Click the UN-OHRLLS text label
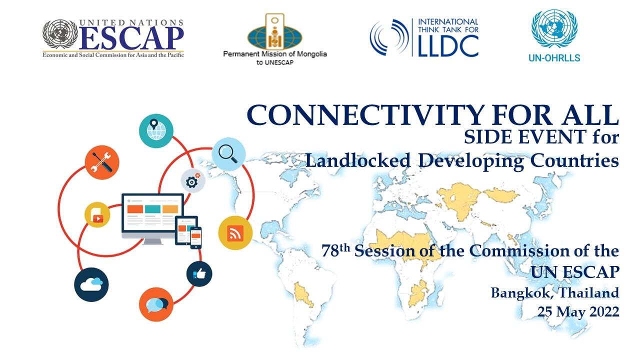pyautogui.click(x=554, y=57)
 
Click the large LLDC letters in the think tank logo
pyautogui.click(x=448, y=45)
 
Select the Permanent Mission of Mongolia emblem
pyautogui.click(x=275, y=31)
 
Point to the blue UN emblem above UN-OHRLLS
pyautogui.click(x=554, y=28)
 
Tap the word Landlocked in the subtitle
pyautogui.click(x=358, y=160)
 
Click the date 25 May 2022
pyautogui.click(x=578, y=311)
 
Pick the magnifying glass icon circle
pyautogui.click(x=228, y=154)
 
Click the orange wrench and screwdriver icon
pyautogui.click(x=102, y=162)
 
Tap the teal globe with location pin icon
pyautogui.click(x=156, y=131)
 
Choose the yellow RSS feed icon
pyautogui.click(x=235, y=233)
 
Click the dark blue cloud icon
pyautogui.click(x=91, y=284)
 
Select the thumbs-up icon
pyautogui.click(x=199, y=274)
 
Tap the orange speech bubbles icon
pyautogui.click(x=156, y=304)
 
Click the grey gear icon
pyautogui.click(x=193, y=180)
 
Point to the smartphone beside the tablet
pyautogui.click(x=195, y=237)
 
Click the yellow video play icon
pyautogui.click(x=97, y=215)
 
